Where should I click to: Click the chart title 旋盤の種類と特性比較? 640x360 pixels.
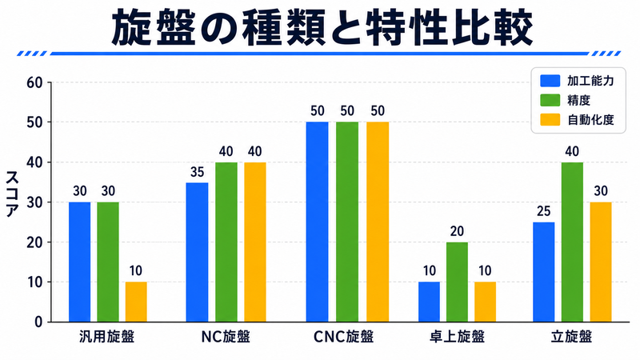click(322, 28)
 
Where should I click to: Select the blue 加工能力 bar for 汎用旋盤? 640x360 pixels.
click(79, 262)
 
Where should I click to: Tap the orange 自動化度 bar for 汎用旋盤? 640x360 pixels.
click(136, 302)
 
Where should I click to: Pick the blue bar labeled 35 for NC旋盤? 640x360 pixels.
click(197, 252)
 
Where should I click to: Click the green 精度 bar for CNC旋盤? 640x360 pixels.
click(347, 222)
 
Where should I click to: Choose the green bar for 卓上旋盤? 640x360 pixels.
click(457, 282)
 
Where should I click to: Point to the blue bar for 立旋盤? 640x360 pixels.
click(544, 272)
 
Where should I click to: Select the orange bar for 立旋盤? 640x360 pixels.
click(601, 262)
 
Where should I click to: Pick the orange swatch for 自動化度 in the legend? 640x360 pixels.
click(550, 120)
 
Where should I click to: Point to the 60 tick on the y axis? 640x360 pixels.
click(34, 83)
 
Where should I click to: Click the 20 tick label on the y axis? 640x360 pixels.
click(34, 242)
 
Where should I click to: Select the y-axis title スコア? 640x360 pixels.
click(12, 194)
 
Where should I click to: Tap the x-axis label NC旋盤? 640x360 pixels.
click(226, 337)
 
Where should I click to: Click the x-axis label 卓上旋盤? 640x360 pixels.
click(457, 337)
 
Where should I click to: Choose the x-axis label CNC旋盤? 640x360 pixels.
click(343, 337)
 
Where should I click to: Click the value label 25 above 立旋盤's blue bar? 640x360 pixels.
click(544, 211)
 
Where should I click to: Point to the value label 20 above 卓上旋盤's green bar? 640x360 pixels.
click(457, 231)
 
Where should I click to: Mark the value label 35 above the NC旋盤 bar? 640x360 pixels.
click(197, 172)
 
